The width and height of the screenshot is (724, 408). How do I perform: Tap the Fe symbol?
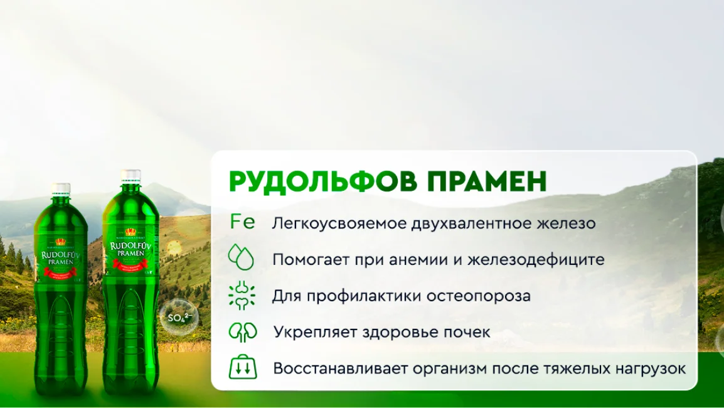[242, 222]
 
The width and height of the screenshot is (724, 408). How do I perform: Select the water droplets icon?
[242, 257]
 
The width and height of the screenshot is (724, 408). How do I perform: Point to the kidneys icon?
[242, 331]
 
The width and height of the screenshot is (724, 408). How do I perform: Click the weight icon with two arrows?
[242, 367]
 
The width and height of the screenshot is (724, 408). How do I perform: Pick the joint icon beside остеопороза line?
[242, 294]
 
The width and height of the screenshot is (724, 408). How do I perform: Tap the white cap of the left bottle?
[61, 188]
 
